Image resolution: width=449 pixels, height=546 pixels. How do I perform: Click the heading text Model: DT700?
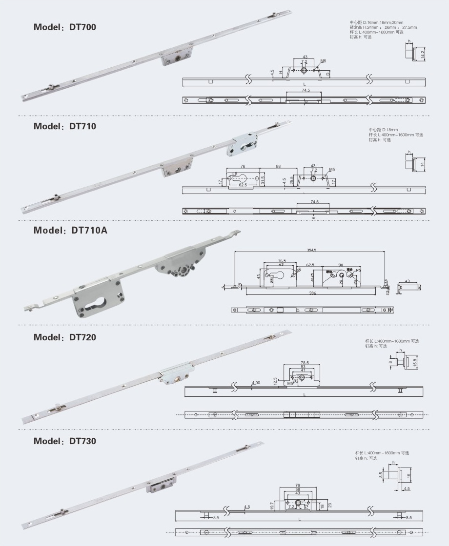65,27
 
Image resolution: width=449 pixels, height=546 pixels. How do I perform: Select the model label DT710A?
89,230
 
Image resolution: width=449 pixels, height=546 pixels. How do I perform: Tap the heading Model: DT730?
65,441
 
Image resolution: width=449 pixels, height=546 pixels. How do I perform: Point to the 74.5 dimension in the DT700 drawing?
306,90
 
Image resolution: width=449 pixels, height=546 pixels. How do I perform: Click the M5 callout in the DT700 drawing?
323,61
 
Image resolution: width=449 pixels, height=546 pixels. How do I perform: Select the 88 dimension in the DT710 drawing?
278,167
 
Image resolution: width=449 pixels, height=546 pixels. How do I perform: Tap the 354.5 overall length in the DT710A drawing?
312,250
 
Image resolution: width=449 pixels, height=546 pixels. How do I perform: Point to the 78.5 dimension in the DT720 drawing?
305,363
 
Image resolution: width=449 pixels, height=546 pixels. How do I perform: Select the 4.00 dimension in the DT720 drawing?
256,383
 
